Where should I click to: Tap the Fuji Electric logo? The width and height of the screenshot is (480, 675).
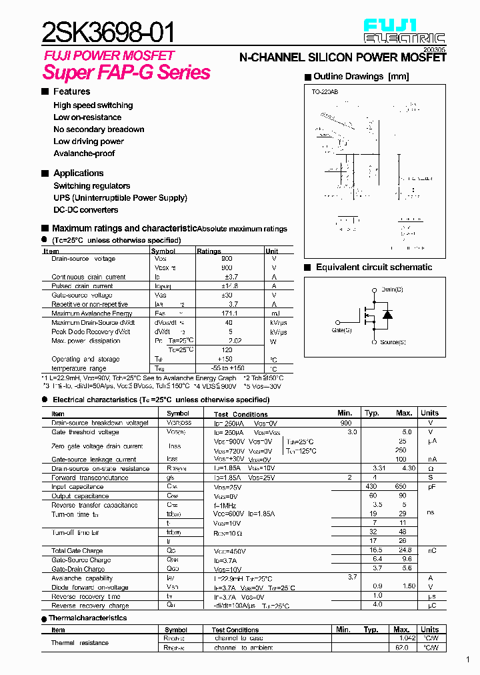pos(404,31)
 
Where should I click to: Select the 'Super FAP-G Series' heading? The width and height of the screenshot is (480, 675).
pos(127,72)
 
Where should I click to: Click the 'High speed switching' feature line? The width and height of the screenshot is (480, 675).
pos(93,105)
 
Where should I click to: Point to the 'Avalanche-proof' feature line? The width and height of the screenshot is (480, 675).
pos(84,153)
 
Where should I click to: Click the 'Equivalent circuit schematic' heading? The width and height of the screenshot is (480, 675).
pos(373,267)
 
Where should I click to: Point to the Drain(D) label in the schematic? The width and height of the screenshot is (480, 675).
pos(392,289)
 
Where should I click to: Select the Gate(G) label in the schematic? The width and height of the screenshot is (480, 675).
pos(341,329)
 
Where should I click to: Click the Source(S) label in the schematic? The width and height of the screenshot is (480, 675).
pos(393,342)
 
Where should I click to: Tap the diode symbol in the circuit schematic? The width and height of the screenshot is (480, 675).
pos(387,315)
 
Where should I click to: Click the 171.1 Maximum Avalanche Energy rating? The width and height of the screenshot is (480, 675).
pos(228,313)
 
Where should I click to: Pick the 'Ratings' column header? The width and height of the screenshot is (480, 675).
pos(209,251)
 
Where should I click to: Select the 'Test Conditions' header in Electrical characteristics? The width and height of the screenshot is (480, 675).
pos(241,414)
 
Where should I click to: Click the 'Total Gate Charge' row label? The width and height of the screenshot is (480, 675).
pos(77,551)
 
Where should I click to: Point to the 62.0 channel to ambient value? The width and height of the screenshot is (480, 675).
pos(401,648)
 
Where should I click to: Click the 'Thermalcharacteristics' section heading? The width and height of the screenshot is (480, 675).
pos(87,618)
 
